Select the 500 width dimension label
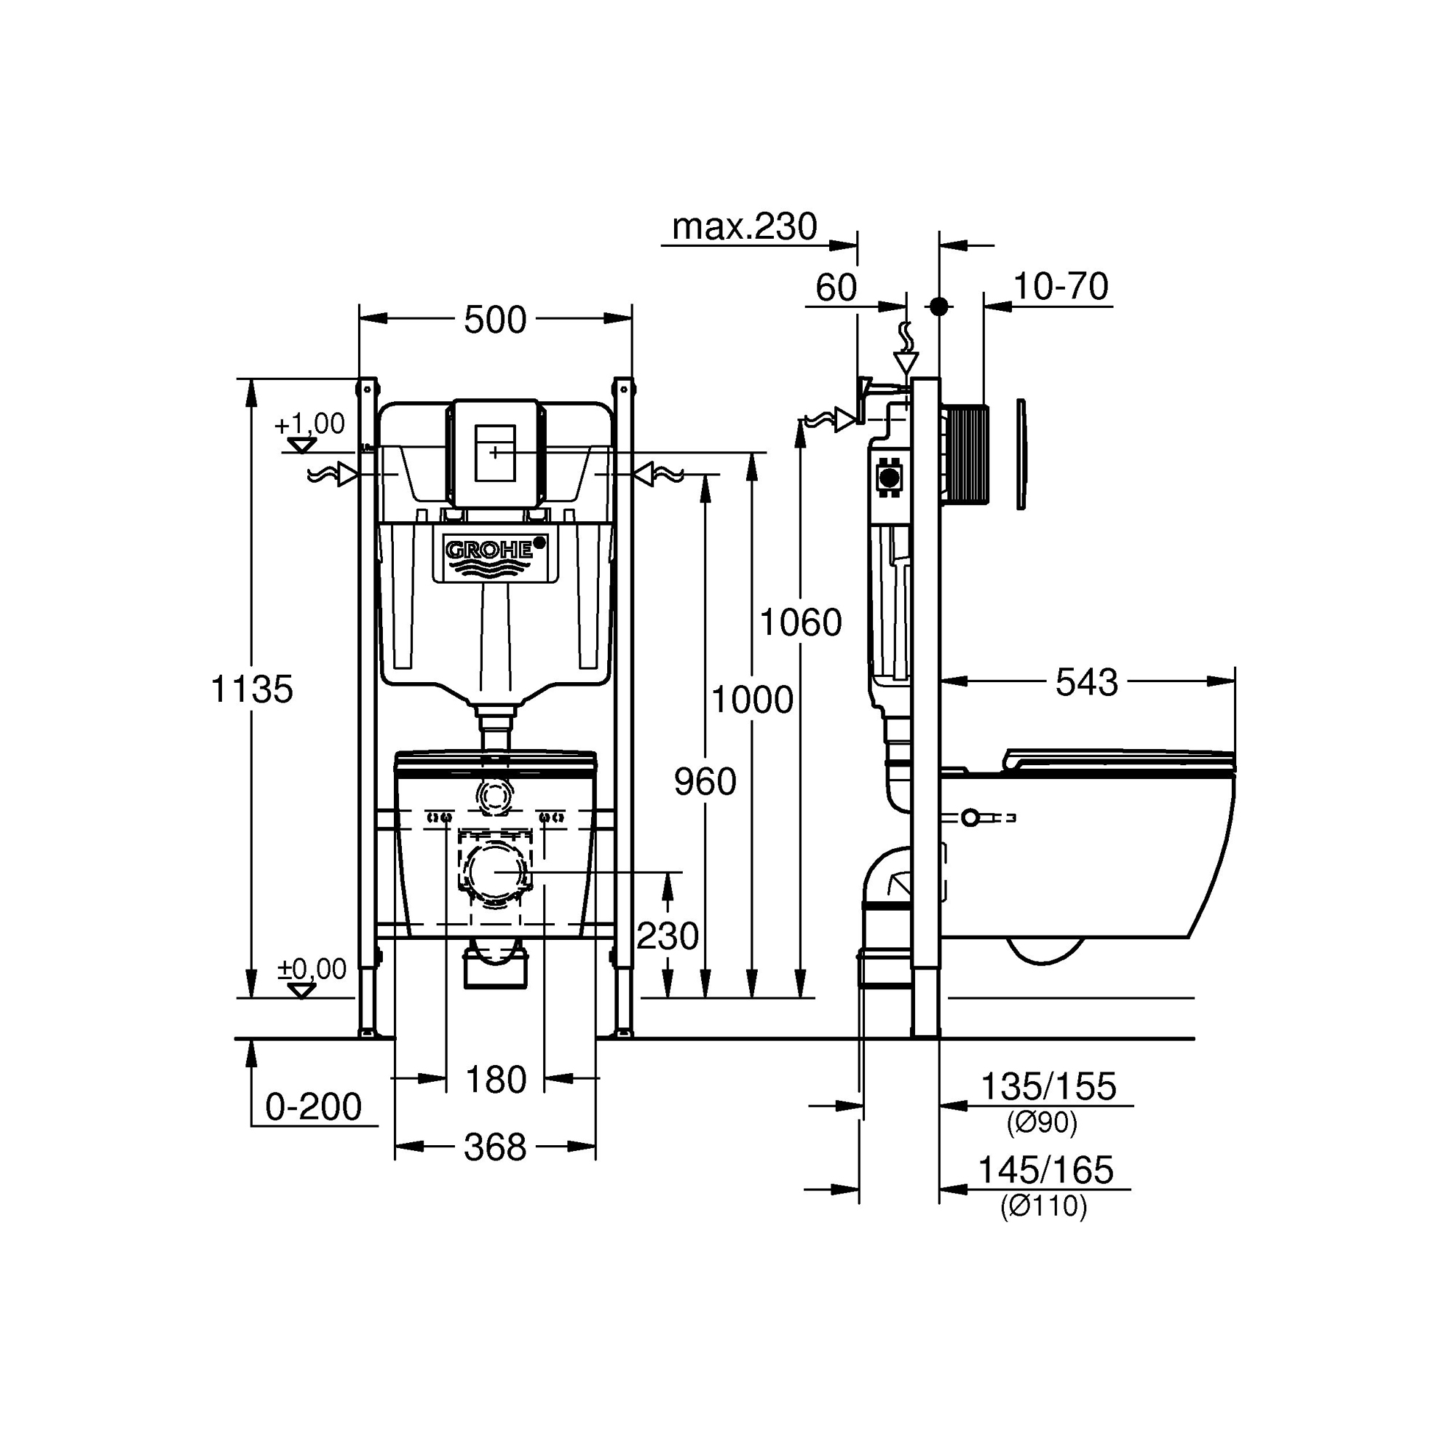(x=494, y=320)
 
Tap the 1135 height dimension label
(x=251, y=689)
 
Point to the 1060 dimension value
(x=800, y=622)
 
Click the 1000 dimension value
(x=752, y=700)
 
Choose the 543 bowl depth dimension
(x=1086, y=683)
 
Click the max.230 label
(x=745, y=226)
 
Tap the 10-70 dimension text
(x=1061, y=286)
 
